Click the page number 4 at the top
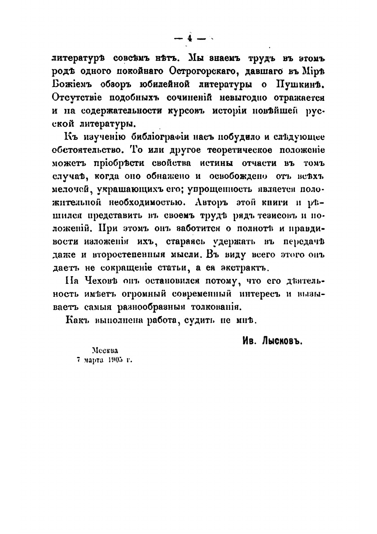click(189, 39)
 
